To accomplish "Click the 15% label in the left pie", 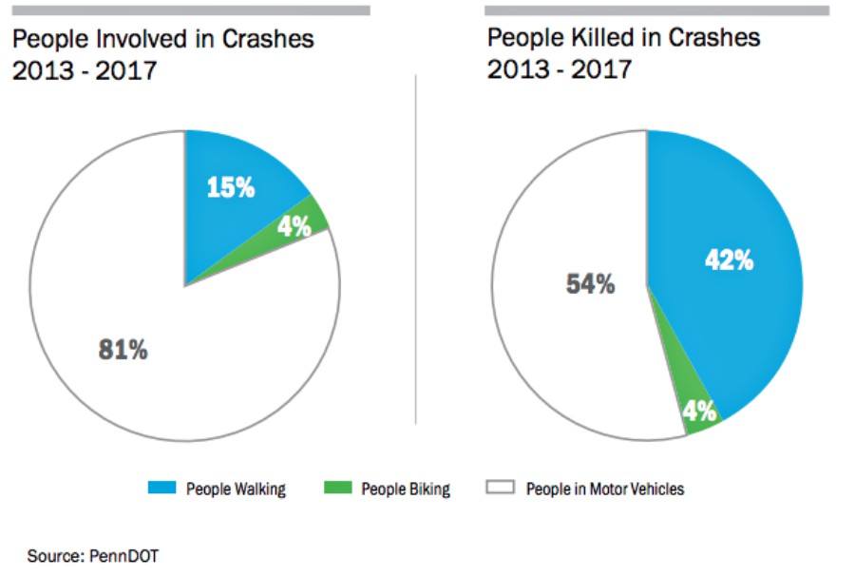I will point(231,187).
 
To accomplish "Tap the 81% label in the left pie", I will point(123,350).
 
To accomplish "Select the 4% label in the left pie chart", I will point(294,227).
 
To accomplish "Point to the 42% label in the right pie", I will point(729,260).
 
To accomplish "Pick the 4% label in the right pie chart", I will point(700,413).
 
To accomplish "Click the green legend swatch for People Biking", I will point(336,489).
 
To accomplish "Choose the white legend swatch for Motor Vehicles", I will point(501,489).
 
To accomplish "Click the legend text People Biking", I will point(406,490).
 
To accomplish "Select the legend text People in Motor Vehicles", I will point(605,490).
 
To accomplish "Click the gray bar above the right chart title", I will point(656,10).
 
